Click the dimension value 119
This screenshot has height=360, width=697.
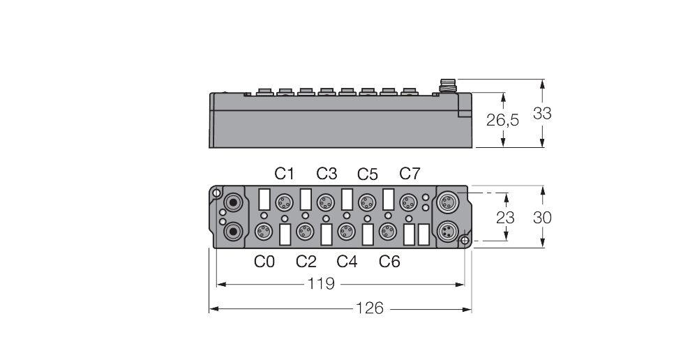pos(322,284)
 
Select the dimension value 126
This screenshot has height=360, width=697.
pos(370,308)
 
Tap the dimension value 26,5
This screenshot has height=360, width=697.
pos(502,120)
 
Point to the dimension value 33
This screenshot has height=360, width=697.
pos(541,114)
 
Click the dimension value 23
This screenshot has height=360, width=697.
pos(506,217)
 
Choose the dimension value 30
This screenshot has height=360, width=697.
pos(542,217)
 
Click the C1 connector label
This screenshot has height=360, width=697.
pos(285,174)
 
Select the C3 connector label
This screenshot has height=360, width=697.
pos(327,174)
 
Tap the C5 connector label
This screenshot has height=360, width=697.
pos(368,174)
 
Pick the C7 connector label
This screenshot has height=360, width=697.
pos(410,174)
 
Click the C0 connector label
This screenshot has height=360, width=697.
pos(264,262)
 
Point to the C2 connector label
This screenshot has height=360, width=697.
pos(306,262)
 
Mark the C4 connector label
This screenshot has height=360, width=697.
pos(347,262)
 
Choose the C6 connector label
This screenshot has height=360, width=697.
pos(389,262)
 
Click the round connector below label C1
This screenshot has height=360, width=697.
pos(284,203)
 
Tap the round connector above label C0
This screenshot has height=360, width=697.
pos(263,231)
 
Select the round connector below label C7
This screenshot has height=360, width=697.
pos(407,203)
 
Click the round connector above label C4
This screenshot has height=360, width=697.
pos(345,231)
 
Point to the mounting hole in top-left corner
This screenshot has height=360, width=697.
pos(217,193)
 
